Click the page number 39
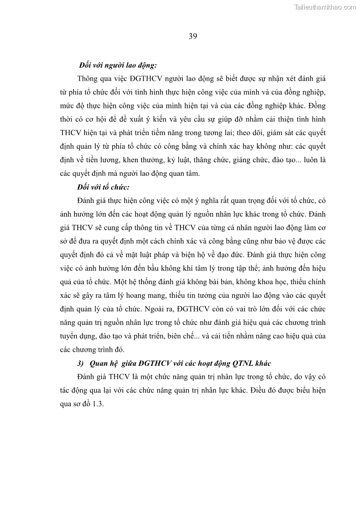click(192, 37)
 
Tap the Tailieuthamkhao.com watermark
click(325, 7)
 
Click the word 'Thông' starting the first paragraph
click(88, 78)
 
